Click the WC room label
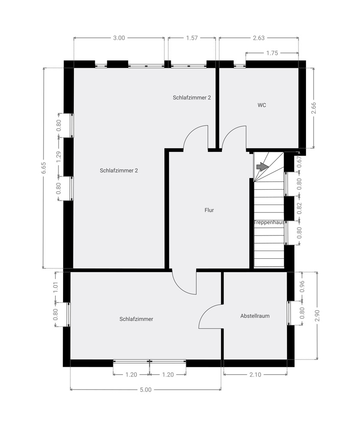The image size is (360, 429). tap(262, 105)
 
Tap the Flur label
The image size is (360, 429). tap(209, 210)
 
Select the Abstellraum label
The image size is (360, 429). tap(255, 316)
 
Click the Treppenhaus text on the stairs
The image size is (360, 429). tap(269, 222)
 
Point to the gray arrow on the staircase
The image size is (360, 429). tap(260, 167)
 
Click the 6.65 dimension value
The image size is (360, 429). tap(43, 168)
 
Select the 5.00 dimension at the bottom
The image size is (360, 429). tap(145, 390)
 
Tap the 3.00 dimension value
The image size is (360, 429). tap(119, 38)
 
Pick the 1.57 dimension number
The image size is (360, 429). tap(191, 38)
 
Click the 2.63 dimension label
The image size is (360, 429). tap(258, 38)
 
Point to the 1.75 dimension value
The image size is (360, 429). tap(272, 53)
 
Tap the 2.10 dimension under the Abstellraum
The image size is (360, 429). tap(255, 375)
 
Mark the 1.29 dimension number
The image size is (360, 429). tap(59, 157)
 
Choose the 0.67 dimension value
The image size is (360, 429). tap(299, 161)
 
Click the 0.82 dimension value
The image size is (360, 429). tap(299, 208)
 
